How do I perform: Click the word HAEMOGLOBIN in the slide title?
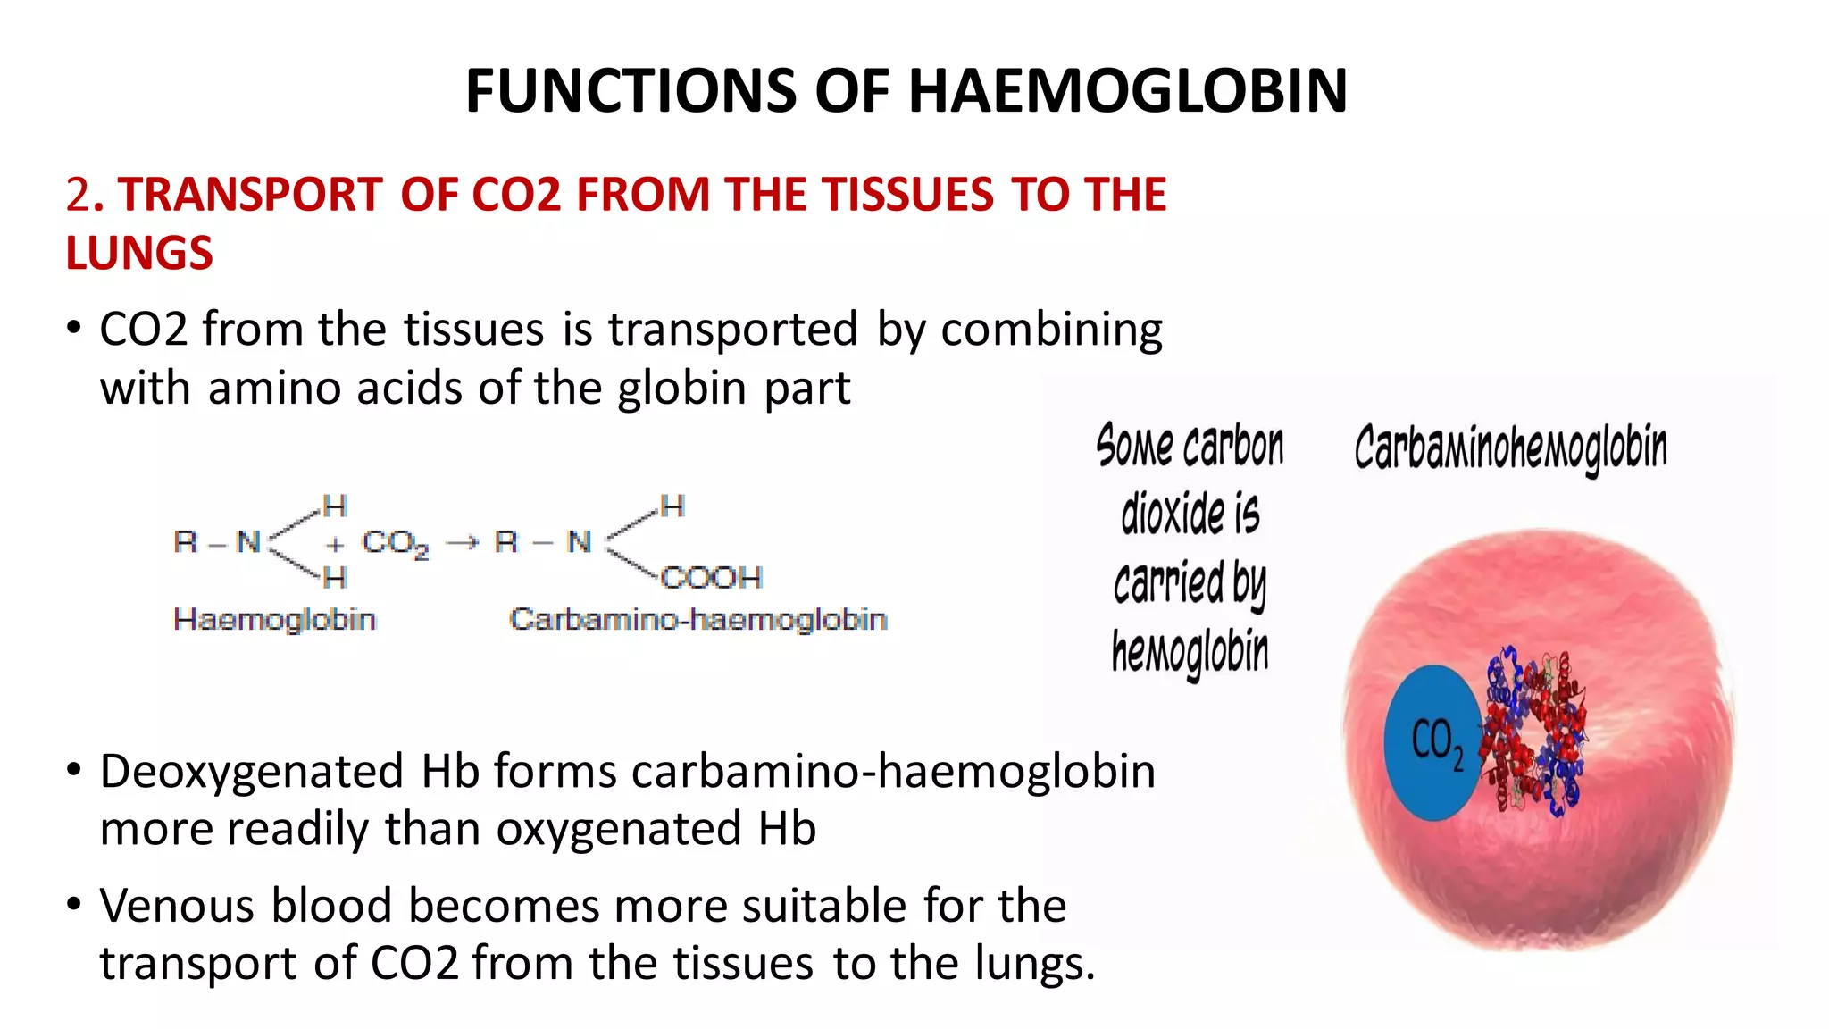click(1127, 91)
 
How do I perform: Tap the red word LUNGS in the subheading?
click(139, 253)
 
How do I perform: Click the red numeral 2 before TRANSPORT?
click(78, 195)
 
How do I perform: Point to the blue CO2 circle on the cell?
click(1432, 742)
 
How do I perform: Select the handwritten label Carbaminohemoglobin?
click(1510, 448)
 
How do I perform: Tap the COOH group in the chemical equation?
click(712, 578)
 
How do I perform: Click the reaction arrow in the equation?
click(462, 542)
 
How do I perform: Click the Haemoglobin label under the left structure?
click(275, 619)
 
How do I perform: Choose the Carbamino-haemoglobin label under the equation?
click(698, 619)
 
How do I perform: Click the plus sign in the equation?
click(335, 543)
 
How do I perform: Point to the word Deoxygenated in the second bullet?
click(252, 771)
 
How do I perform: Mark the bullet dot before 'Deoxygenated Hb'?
click(74, 769)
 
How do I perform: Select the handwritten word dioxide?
click(1190, 514)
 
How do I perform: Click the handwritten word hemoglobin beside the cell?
click(1190, 652)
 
